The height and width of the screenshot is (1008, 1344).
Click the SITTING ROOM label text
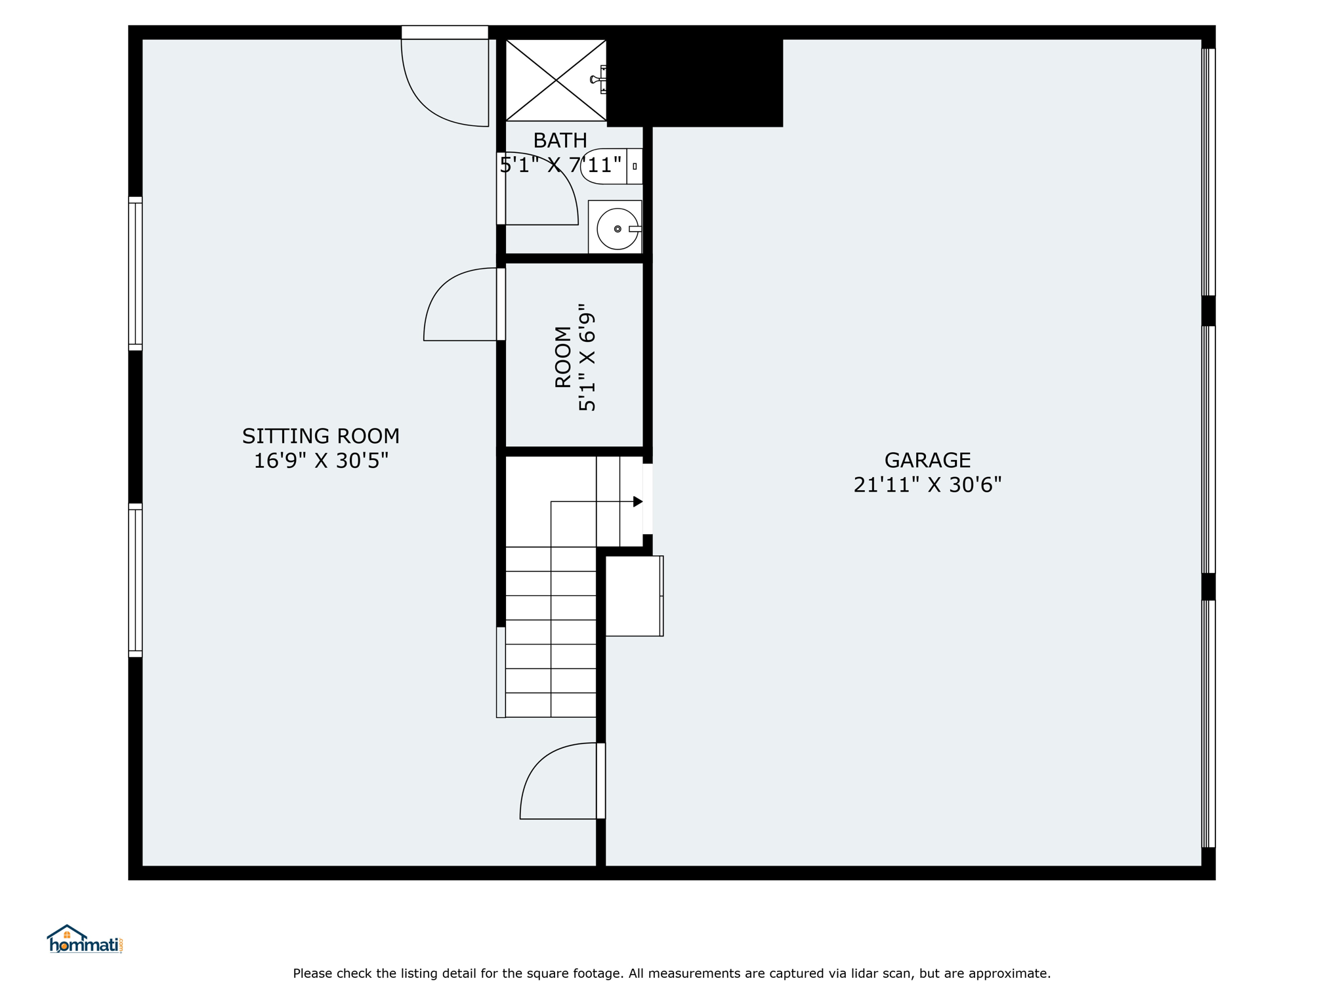point(320,436)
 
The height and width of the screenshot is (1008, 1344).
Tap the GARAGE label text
point(927,459)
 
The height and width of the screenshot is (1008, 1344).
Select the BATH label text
point(560,140)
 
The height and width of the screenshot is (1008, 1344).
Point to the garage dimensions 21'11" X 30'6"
point(927,484)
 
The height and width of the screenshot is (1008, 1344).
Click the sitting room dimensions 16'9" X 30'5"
point(321,461)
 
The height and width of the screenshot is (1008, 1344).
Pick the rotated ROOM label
point(563,357)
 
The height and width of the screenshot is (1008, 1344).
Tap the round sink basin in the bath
point(618,229)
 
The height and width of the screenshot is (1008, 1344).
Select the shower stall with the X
point(556,80)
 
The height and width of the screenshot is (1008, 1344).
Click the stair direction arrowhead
point(638,501)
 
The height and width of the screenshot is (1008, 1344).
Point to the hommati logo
point(85,939)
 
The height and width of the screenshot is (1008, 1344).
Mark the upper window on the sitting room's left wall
point(135,274)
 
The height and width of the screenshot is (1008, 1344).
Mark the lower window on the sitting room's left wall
point(135,580)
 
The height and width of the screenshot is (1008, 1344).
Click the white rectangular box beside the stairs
point(634,596)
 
